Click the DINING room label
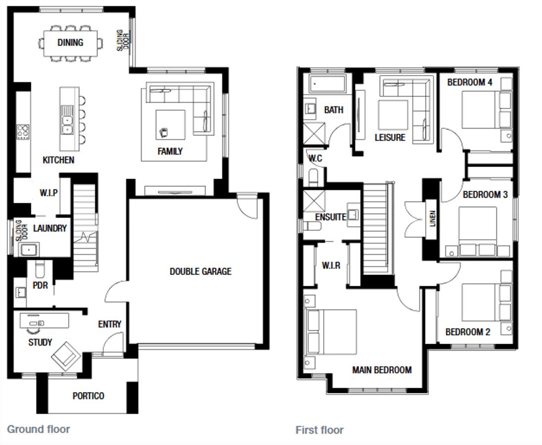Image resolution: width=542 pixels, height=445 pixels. (70, 43)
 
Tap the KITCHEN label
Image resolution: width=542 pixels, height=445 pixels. (58, 160)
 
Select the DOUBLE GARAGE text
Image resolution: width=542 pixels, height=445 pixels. (200, 271)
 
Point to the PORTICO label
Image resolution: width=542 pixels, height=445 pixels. (88, 396)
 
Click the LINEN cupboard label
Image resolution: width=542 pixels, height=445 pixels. (433, 219)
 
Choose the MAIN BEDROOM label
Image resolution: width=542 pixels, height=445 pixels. (382, 370)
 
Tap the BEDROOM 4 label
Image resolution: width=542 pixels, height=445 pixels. (470, 82)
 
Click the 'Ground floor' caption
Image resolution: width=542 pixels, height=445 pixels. (39, 429)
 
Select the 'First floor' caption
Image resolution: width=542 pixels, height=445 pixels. (320, 430)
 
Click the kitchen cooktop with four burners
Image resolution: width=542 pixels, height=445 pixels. (23, 132)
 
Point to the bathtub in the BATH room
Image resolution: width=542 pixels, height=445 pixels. (328, 84)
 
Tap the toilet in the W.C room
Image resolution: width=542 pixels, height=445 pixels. (313, 177)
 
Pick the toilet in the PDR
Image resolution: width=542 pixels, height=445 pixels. (40, 269)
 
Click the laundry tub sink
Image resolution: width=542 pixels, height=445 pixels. (29, 249)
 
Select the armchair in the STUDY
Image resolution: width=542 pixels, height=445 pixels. (66, 356)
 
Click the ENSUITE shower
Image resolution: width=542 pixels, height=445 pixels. (314, 201)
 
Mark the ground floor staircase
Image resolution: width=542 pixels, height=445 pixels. (85, 228)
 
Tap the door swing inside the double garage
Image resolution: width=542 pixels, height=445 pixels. (247, 206)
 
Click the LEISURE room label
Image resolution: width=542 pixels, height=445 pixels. (390, 137)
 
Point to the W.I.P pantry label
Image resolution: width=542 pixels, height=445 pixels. (49, 193)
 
